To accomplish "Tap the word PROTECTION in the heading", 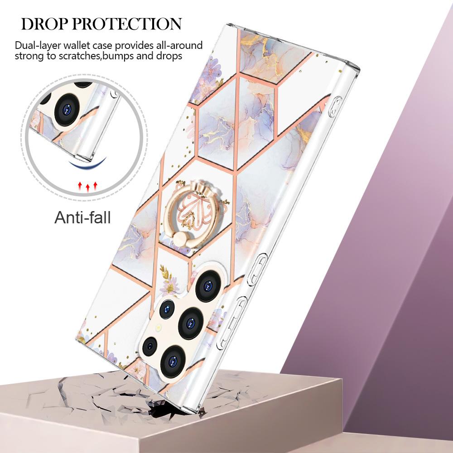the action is pos(127,24).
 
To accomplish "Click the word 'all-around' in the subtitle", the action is pos(179,46).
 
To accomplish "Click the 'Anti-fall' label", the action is pos(82,217).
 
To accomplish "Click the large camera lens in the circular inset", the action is pos(67,110).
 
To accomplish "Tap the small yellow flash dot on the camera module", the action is pos(158,328).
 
